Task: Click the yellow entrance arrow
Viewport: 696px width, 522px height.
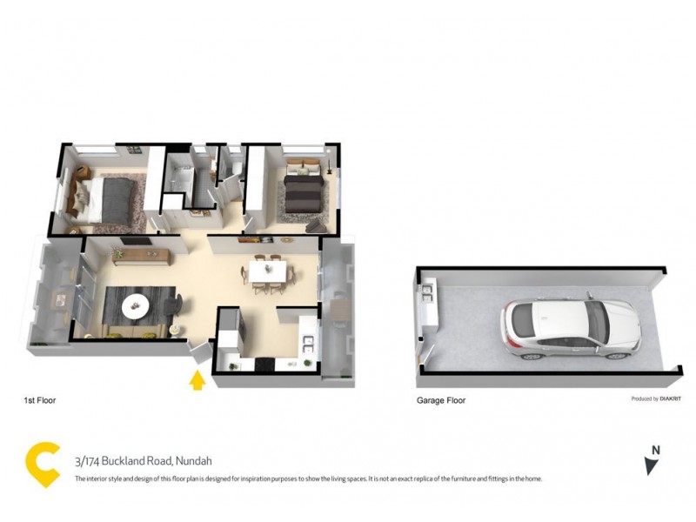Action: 197,380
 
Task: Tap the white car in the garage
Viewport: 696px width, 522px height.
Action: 570,330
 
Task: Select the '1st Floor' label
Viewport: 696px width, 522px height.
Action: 39,401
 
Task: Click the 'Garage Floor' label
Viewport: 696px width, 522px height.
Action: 441,401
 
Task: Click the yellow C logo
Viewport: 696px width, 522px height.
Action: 42,465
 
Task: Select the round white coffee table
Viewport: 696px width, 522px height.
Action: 135,304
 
